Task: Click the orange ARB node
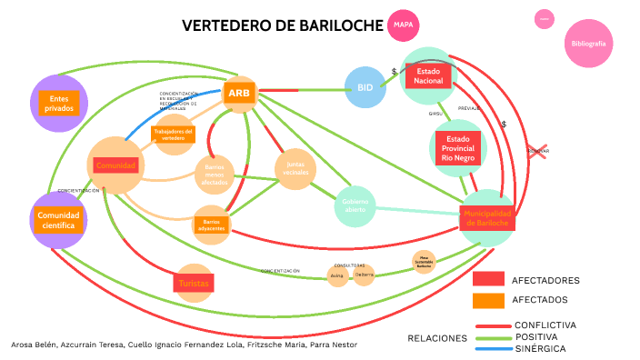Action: (240, 93)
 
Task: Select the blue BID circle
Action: (365, 87)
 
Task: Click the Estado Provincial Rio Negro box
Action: (458, 147)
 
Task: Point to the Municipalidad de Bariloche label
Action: (487, 217)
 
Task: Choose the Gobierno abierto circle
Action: (355, 205)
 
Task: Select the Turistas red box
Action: (193, 283)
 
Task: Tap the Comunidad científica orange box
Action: (59, 220)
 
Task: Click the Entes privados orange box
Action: (59, 103)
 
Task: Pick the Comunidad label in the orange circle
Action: (116, 165)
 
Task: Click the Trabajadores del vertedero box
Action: (173, 135)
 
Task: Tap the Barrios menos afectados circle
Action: (215, 173)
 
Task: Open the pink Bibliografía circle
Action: (589, 44)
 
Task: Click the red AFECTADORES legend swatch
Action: (488, 279)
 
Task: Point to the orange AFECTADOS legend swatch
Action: (488, 300)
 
